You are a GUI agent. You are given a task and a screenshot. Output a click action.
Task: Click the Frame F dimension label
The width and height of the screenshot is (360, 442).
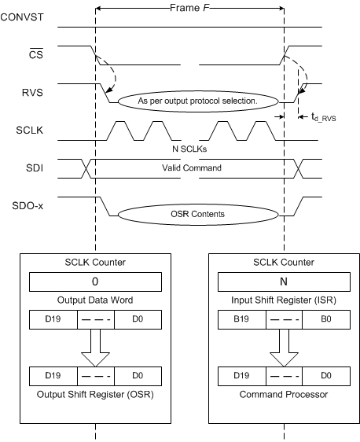pos(189,7)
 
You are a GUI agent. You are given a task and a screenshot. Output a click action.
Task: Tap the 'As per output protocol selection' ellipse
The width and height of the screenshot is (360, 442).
pos(197,101)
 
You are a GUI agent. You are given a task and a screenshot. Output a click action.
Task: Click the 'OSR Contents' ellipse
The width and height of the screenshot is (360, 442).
pos(197,213)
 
